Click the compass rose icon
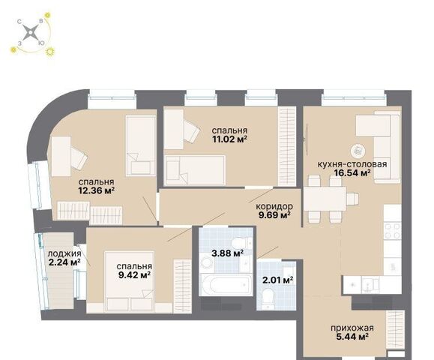tap(30, 33)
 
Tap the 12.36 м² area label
tap(97, 190)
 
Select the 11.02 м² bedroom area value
tap(229, 139)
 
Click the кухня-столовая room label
tap(352, 164)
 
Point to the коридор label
tap(274, 206)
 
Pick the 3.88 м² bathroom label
tap(227, 253)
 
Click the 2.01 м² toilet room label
tap(277, 280)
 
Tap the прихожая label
tap(352, 328)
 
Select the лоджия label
tap(64, 253)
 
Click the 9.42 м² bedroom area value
tap(134, 275)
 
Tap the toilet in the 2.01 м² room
tap(268, 299)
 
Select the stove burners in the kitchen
tap(393, 231)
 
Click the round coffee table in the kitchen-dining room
tap(358, 151)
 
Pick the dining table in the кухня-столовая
tap(325, 199)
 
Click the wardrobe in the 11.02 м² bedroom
tap(287, 147)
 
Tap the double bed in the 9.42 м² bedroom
tap(129, 281)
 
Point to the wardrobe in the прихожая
tap(395, 329)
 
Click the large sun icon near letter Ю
tap(50, 52)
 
